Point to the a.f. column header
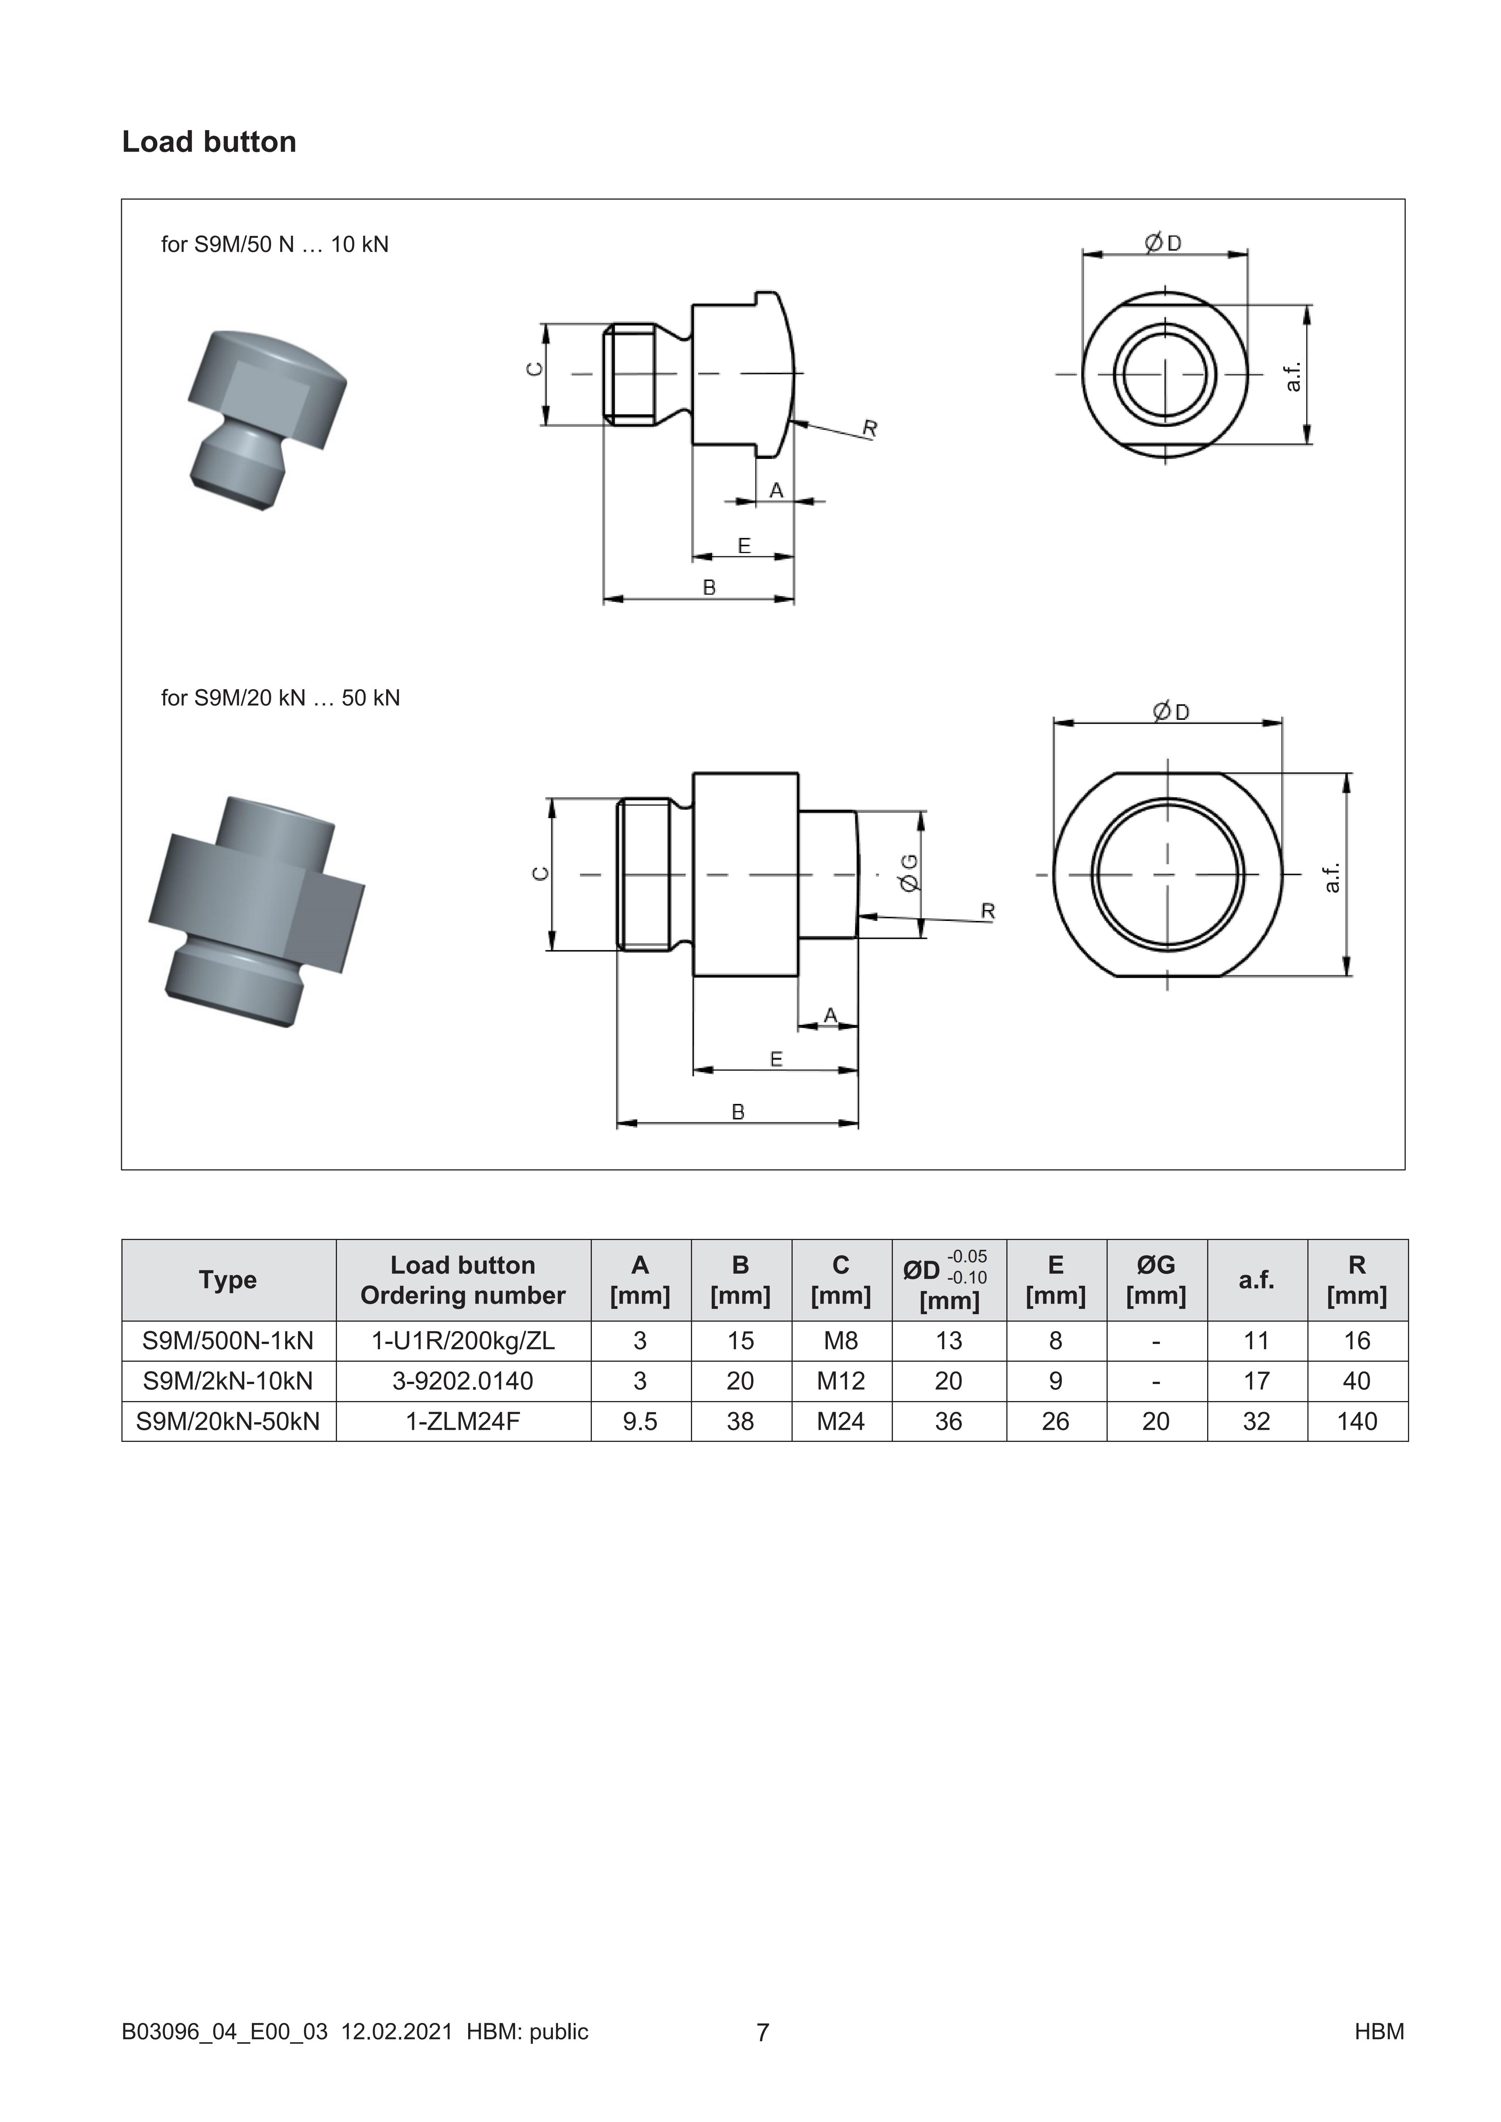pos(1256,1280)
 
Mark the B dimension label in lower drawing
pos(737,1112)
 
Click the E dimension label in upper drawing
pos(744,545)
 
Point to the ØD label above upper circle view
pos(1163,243)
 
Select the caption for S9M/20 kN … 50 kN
pos(280,698)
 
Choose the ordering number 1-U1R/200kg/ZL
pos(463,1340)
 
